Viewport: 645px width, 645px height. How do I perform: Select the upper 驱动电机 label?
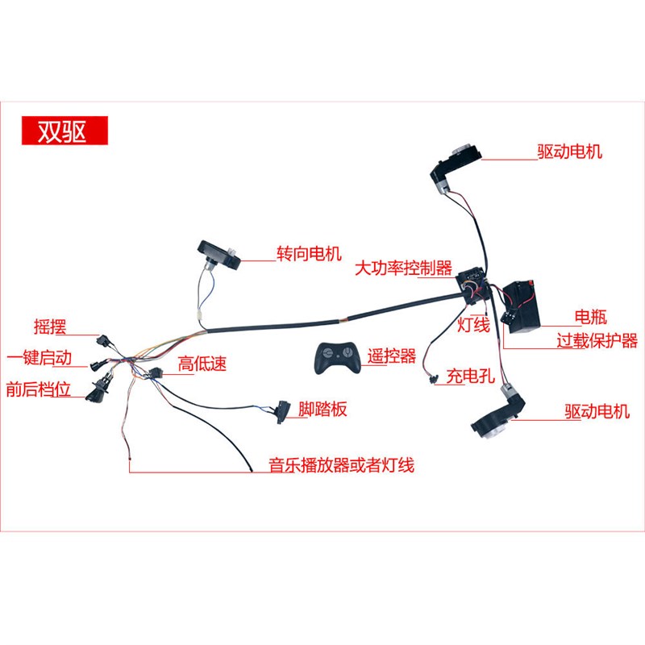pos(569,151)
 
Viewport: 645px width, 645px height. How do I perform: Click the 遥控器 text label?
pos(392,355)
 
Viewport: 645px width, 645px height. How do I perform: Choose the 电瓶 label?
pos(589,316)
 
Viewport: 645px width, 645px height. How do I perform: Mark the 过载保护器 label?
pos(597,340)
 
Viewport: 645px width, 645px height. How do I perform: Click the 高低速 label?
pos(202,364)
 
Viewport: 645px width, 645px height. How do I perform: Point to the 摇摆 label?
pos(50,327)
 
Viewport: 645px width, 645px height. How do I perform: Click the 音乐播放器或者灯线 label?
pos(341,465)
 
